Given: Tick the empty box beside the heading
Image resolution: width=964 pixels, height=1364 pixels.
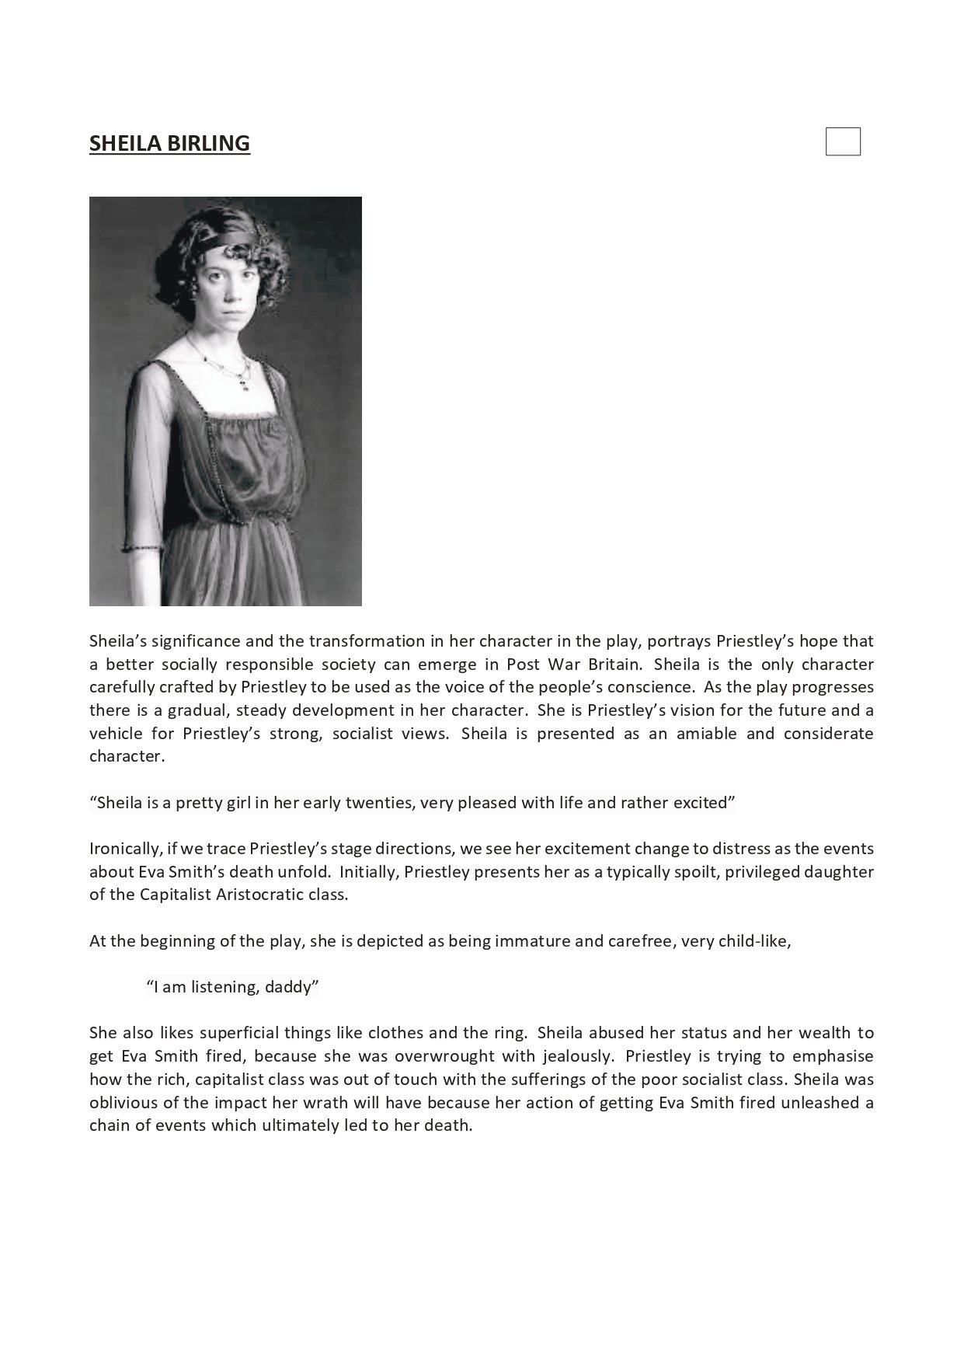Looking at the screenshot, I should (843, 142).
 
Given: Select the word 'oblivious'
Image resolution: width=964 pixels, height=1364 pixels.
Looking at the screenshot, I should (121, 1102).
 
